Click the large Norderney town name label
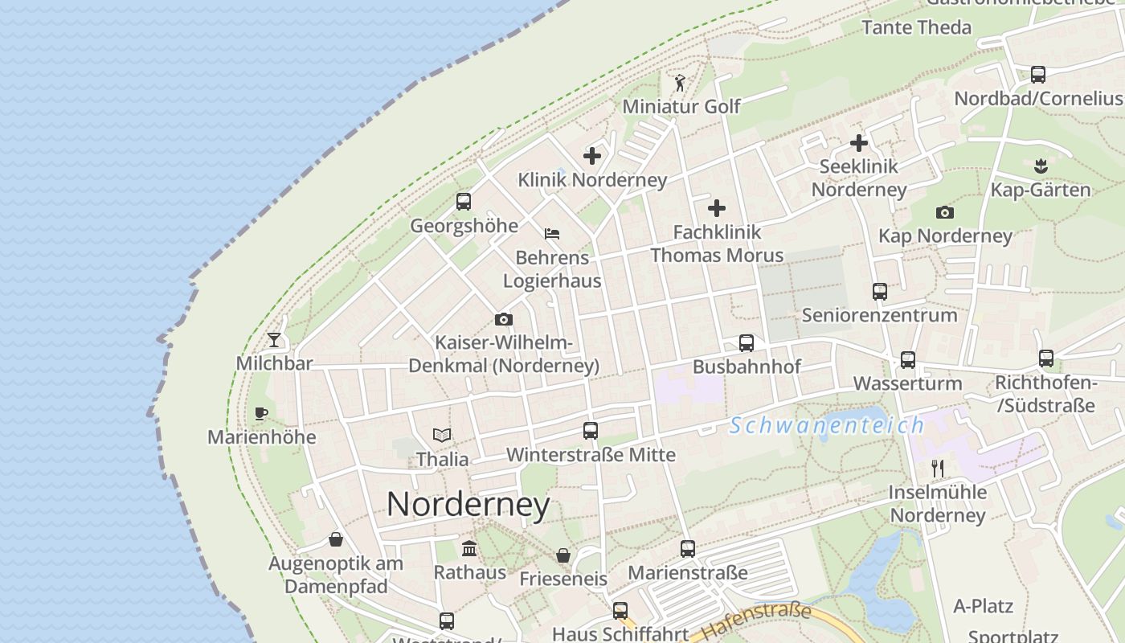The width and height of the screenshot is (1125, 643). [468, 505]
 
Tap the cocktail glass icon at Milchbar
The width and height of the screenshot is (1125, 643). [274, 339]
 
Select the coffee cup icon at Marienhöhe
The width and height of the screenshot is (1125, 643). [260, 413]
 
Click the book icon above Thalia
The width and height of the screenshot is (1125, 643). [442, 435]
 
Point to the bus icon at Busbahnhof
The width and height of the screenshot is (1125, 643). [747, 343]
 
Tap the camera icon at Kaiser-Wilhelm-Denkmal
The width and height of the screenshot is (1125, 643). [504, 319]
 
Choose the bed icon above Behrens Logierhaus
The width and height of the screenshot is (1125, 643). [552, 234]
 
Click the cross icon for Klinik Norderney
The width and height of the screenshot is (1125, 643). [592, 156]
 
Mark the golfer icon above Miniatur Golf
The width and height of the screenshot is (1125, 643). [680, 82]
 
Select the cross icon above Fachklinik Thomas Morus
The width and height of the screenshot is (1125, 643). [717, 208]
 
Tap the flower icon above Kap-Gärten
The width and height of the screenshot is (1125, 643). [1041, 166]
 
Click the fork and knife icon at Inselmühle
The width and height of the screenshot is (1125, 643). [937, 468]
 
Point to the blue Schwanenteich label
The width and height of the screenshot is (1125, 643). [827, 425]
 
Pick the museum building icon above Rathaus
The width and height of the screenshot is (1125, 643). [469, 549]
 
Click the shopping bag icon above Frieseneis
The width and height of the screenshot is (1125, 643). [563, 555]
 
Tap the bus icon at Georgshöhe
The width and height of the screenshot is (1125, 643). [464, 202]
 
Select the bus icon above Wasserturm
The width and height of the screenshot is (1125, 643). [908, 359]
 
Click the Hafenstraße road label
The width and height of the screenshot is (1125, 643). [757, 622]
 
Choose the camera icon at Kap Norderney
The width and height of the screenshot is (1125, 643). [945, 212]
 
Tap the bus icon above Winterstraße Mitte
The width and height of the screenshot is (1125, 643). [591, 430]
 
